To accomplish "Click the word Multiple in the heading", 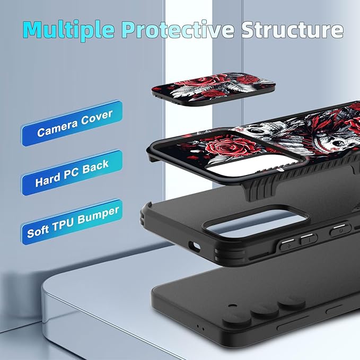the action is [69, 30].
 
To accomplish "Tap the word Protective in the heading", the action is [178, 29].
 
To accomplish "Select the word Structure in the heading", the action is [292, 29].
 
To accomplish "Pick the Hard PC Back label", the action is [72, 173].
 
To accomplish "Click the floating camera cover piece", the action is [213, 89].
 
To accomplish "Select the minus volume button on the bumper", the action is [309, 239].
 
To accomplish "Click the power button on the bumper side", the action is [340, 229].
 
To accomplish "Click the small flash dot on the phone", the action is [232, 306].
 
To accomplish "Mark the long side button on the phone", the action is [293, 324].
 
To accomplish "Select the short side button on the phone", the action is [334, 310].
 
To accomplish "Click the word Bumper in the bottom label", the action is [98, 215].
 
